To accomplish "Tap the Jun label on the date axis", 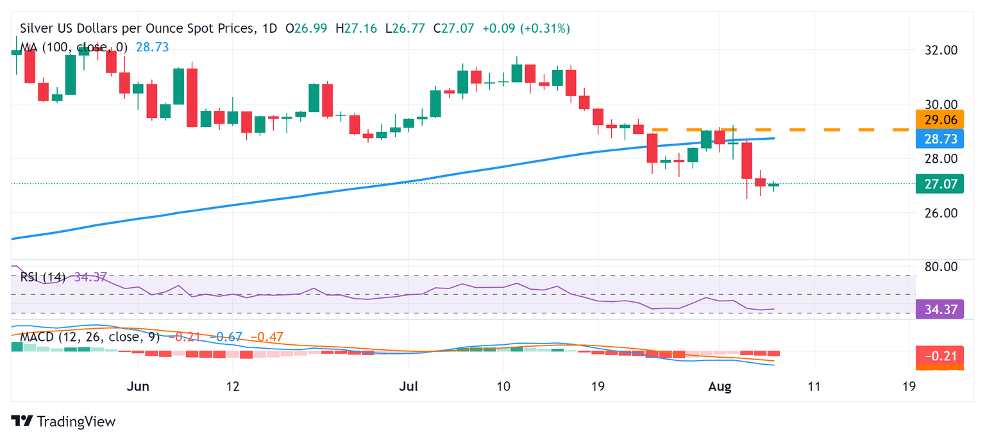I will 138,387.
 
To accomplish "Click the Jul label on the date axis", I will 408,387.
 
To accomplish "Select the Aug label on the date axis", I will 719,387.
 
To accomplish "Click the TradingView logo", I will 63,421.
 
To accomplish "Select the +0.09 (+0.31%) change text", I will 526,29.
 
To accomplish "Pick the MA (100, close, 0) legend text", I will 74,47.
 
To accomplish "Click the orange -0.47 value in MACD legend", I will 266,337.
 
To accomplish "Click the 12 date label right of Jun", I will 233,387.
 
